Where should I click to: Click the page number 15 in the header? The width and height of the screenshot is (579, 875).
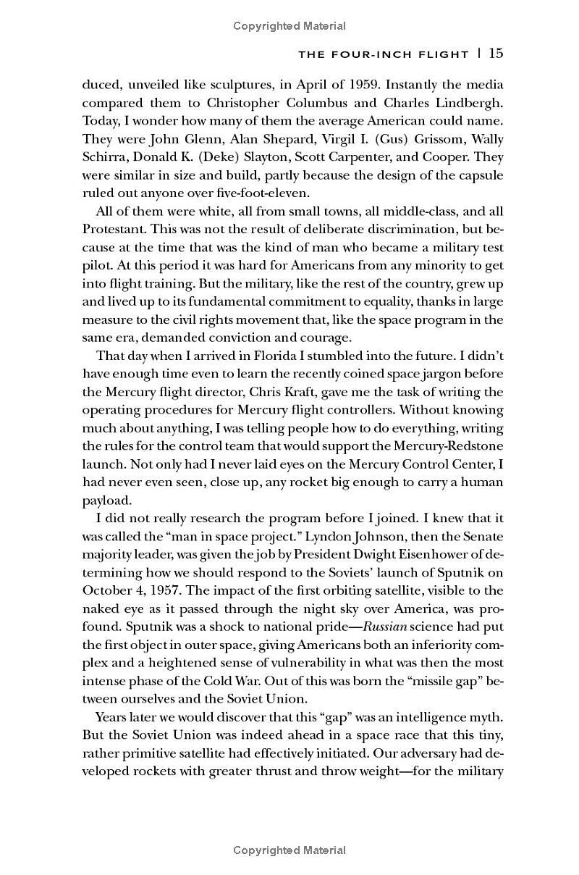[496, 53]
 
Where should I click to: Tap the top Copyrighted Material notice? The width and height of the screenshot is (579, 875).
[289, 26]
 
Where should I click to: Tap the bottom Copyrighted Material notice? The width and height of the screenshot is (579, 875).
[289, 850]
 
